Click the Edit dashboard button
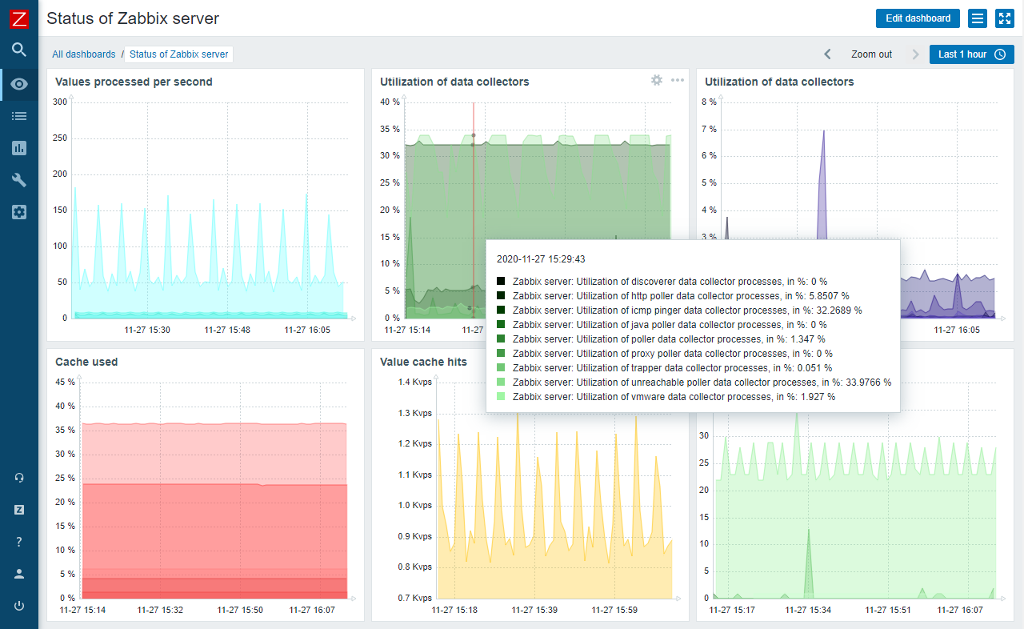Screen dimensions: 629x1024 tap(918, 18)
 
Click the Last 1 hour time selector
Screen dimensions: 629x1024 tap(971, 54)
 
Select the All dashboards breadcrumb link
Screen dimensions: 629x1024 tap(84, 54)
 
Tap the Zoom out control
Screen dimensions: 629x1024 tap(871, 54)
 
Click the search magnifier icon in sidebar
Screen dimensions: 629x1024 tap(19, 50)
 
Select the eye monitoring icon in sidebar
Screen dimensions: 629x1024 tap(19, 84)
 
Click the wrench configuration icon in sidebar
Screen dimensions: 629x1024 tap(19, 180)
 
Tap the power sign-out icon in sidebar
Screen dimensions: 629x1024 tap(19, 606)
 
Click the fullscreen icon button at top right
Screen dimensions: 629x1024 tap(1004, 18)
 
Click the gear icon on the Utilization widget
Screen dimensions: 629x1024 tap(657, 80)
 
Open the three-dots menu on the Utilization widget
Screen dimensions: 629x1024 tap(678, 80)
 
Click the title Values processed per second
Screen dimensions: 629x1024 tap(134, 82)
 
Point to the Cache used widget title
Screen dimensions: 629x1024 tap(86, 362)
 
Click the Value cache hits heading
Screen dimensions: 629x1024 tap(423, 362)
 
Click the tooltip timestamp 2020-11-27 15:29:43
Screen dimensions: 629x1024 tap(541, 259)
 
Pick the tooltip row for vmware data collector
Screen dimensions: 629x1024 tap(674, 397)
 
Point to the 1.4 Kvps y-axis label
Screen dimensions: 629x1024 tap(415, 383)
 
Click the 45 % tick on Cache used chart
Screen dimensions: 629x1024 tap(66, 382)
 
